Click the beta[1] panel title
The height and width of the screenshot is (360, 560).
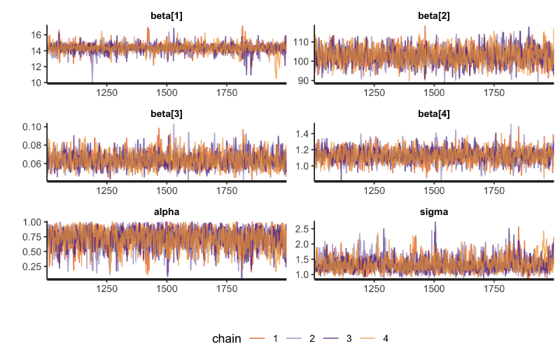[x=167, y=16]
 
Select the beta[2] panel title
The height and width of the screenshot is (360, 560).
[x=434, y=16]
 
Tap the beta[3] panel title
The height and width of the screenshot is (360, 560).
[x=167, y=114]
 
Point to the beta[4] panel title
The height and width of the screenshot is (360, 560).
[x=434, y=114]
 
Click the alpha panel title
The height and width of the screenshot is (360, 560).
[x=167, y=212]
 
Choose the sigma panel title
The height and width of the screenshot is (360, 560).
[x=434, y=212]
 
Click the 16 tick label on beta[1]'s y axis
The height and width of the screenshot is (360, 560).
[x=36, y=35]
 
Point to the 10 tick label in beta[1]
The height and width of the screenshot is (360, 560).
[x=36, y=83]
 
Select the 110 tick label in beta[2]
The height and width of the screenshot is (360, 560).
[x=302, y=42]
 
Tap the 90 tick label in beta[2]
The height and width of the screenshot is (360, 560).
[x=304, y=81]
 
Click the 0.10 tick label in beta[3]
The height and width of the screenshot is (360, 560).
[x=32, y=127]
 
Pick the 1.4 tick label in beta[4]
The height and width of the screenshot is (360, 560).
[x=302, y=134]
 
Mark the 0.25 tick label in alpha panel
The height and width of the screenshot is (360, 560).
[x=32, y=267]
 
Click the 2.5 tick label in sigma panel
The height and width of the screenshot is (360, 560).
[x=302, y=229]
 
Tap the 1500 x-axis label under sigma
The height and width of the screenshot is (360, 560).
[x=434, y=289]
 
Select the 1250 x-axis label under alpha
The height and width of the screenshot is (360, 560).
[x=107, y=289]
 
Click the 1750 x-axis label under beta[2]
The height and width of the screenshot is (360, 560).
[x=494, y=92]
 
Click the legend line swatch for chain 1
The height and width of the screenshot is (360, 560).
[x=257, y=338]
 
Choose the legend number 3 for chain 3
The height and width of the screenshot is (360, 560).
[x=349, y=338]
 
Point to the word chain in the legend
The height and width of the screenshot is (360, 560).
[x=226, y=338]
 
